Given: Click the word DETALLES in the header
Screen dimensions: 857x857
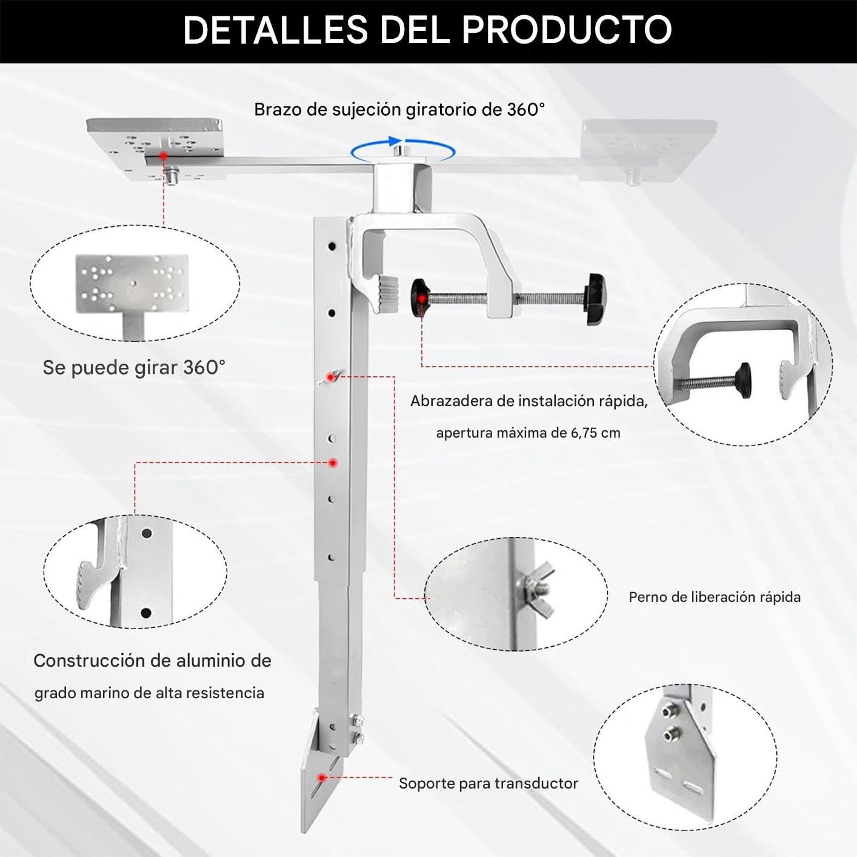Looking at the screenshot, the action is (x=276, y=30).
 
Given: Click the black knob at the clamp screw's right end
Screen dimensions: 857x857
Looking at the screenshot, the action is (x=596, y=299).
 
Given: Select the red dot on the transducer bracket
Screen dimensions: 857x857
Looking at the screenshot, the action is (x=322, y=778).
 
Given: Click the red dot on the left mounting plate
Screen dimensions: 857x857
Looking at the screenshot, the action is (x=164, y=156).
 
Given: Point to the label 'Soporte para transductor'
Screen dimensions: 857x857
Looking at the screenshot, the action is (x=489, y=783).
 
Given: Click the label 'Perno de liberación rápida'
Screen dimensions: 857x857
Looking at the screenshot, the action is (x=715, y=597).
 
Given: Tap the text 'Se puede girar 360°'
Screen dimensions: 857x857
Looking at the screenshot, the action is (x=134, y=368).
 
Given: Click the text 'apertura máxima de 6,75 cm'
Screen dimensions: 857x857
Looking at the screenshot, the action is (x=529, y=433).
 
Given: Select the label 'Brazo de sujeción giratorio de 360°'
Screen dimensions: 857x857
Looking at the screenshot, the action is (x=399, y=110).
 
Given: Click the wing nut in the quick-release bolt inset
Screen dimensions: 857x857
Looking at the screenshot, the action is (x=536, y=589).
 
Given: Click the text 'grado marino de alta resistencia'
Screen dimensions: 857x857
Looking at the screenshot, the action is (x=150, y=693).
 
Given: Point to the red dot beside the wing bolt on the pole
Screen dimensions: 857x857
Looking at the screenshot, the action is (x=330, y=377).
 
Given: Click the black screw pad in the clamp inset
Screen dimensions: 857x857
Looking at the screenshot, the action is (x=742, y=381).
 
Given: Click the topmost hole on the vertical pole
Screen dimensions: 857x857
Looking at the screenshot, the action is (x=332, y=245).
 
